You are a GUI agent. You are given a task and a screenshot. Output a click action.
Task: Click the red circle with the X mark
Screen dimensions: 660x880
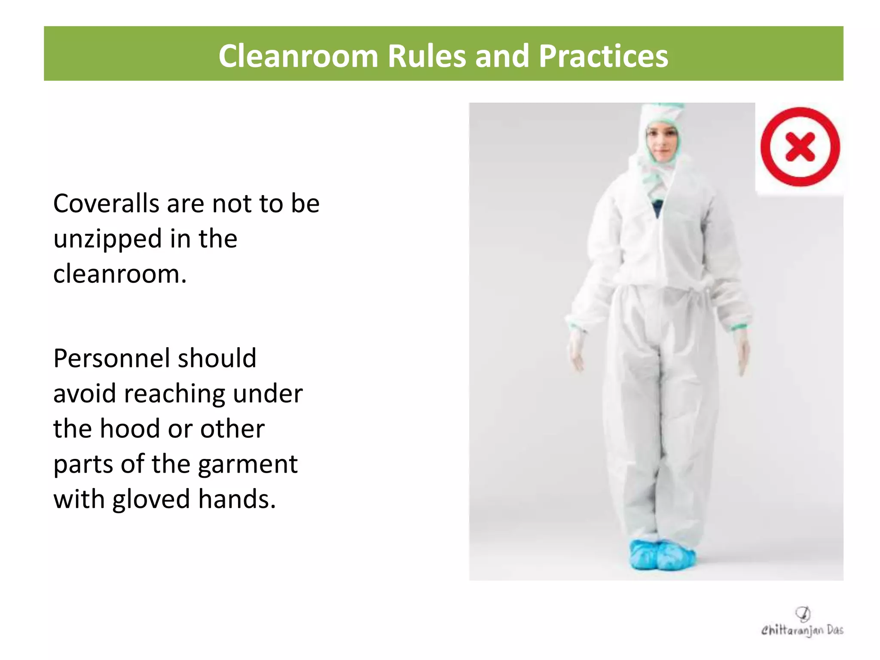[800, 147]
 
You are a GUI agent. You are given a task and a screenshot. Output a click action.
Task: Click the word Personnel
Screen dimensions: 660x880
[111, 358]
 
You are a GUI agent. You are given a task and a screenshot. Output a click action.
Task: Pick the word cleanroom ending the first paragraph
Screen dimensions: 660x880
[119, 274]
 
